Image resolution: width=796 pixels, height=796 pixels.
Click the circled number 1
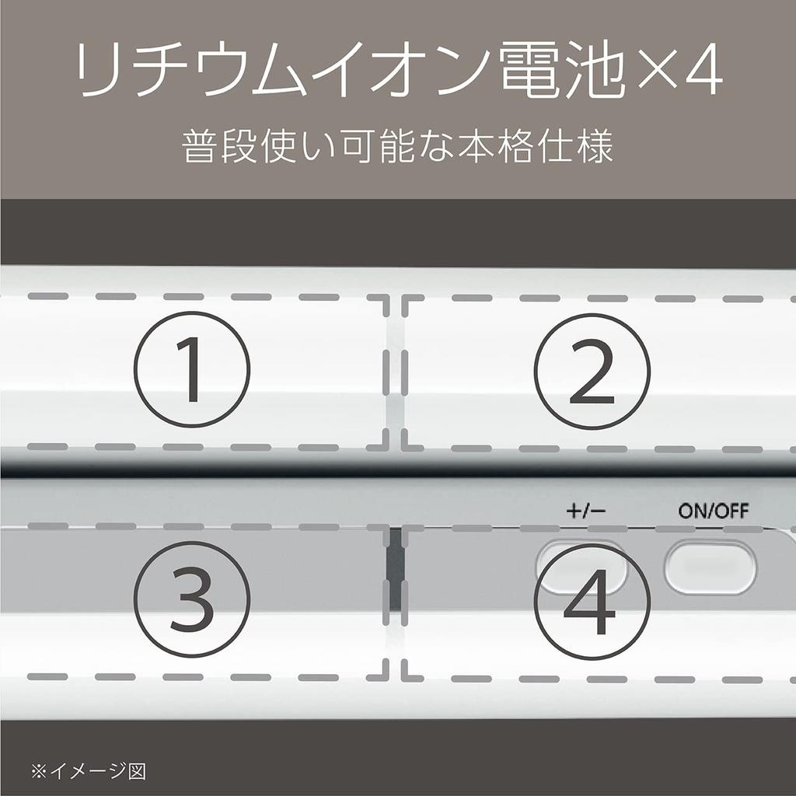click(x=192, y=369)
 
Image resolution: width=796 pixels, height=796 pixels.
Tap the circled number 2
click(x=592, y=371)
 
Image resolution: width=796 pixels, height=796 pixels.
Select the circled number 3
click(x=192, y=599)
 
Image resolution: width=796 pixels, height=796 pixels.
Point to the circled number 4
click(x=592, y=602)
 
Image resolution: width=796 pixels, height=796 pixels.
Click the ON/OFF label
click(x=714, y=511)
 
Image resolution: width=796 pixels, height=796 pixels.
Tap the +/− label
click(x=586, y=511)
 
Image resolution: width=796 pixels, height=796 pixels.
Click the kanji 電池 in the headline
click(x=562, y=69)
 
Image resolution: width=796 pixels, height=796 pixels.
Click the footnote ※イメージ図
click(x=89, y=772)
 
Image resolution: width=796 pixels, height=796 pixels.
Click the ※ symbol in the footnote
click(x=39, y=772)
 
